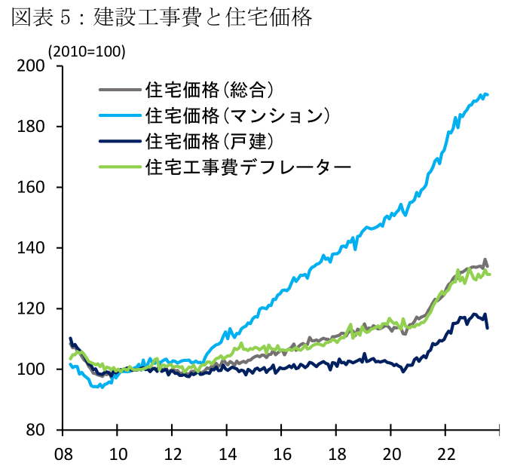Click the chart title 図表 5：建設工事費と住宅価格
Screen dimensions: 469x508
click(x=161, y=18)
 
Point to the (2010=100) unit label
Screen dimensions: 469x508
click(x=87, y=51)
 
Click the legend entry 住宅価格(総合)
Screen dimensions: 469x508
click(x=207, y=90)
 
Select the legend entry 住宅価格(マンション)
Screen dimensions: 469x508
click(x=237, y=115)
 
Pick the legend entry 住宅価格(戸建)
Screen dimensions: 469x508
click(x=207, y=140)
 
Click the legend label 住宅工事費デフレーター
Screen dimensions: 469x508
click(x=248, y=166)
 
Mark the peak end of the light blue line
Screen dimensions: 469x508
click(x=488, y=94)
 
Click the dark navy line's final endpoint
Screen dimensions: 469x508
click(x=487, y=328)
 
